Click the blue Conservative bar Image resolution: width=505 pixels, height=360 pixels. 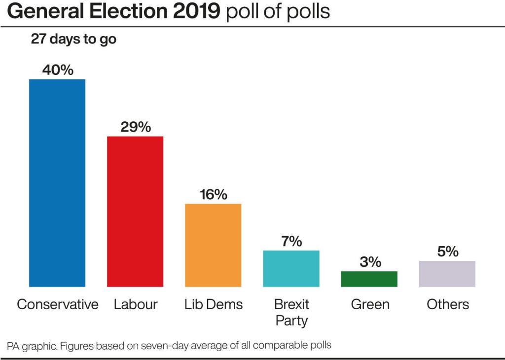pos(57,182)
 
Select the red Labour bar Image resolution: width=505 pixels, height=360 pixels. pos(135,211)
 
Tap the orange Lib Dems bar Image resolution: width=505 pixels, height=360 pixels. pos(213,245)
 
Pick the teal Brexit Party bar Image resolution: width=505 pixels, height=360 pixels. pos(291,268)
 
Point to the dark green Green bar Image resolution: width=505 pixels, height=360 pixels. pos(369,279)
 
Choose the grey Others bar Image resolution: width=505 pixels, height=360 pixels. pos(447,274)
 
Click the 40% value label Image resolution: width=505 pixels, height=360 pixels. pos(58,70)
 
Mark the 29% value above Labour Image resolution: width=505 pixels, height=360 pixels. pos(136,127)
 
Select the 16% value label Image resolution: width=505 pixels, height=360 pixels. pos(214,194)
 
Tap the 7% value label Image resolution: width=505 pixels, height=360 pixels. pos(291,241)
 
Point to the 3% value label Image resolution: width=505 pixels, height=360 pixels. pos(369,262)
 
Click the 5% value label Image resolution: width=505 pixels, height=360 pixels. pos(447,252)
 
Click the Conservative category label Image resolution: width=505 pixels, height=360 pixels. pos(58,304)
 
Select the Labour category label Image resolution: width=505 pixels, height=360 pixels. pos(136,304)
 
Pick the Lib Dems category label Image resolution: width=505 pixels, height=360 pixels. pos(214,304)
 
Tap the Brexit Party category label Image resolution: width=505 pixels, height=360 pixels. pos(291,312)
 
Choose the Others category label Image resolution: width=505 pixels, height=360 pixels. pos(448,304)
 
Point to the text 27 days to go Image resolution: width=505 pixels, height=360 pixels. pos(73,39)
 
